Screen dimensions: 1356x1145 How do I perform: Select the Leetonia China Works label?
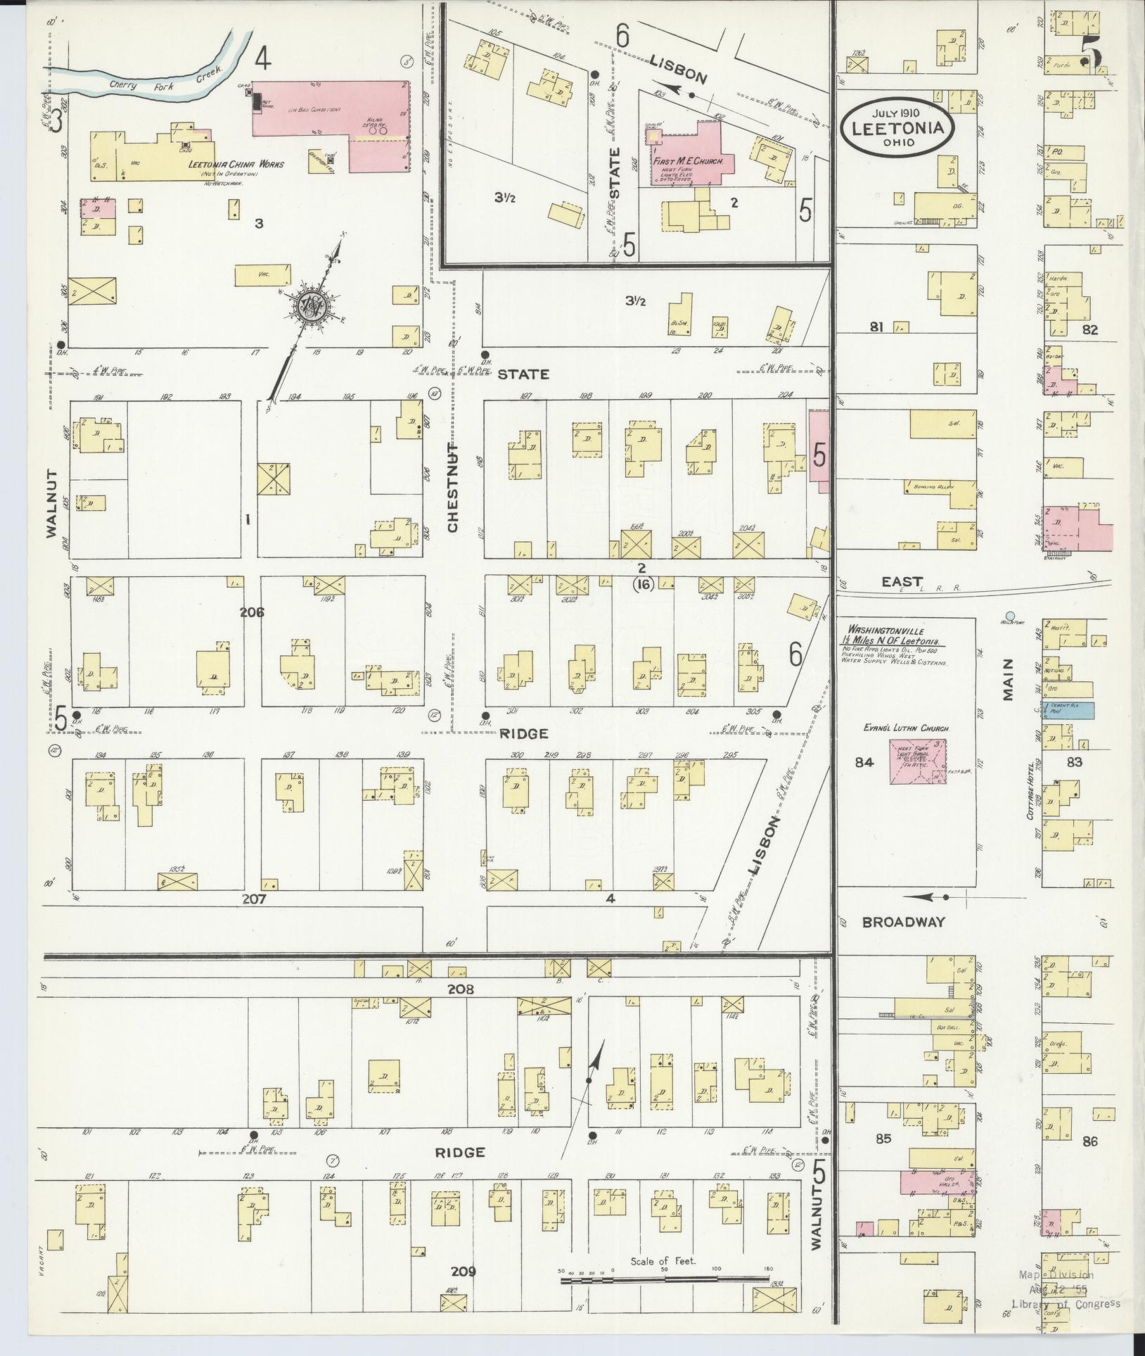pyautogui.click(x=236, y=164)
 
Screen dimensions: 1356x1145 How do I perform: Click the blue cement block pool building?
pyautogui.click(x=1069, y=711)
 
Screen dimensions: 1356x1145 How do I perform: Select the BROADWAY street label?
pyautogui.click(x=903, y=922)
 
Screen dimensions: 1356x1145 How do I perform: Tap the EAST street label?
pyautogui.click(x=902, y=581)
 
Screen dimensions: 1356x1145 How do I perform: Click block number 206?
pyautogui.click(x=251, y=612)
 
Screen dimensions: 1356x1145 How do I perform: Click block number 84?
pyautogui.click(x=864, y=761)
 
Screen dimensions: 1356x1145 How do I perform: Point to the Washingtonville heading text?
pyautogui.click(x=885, y=631)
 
